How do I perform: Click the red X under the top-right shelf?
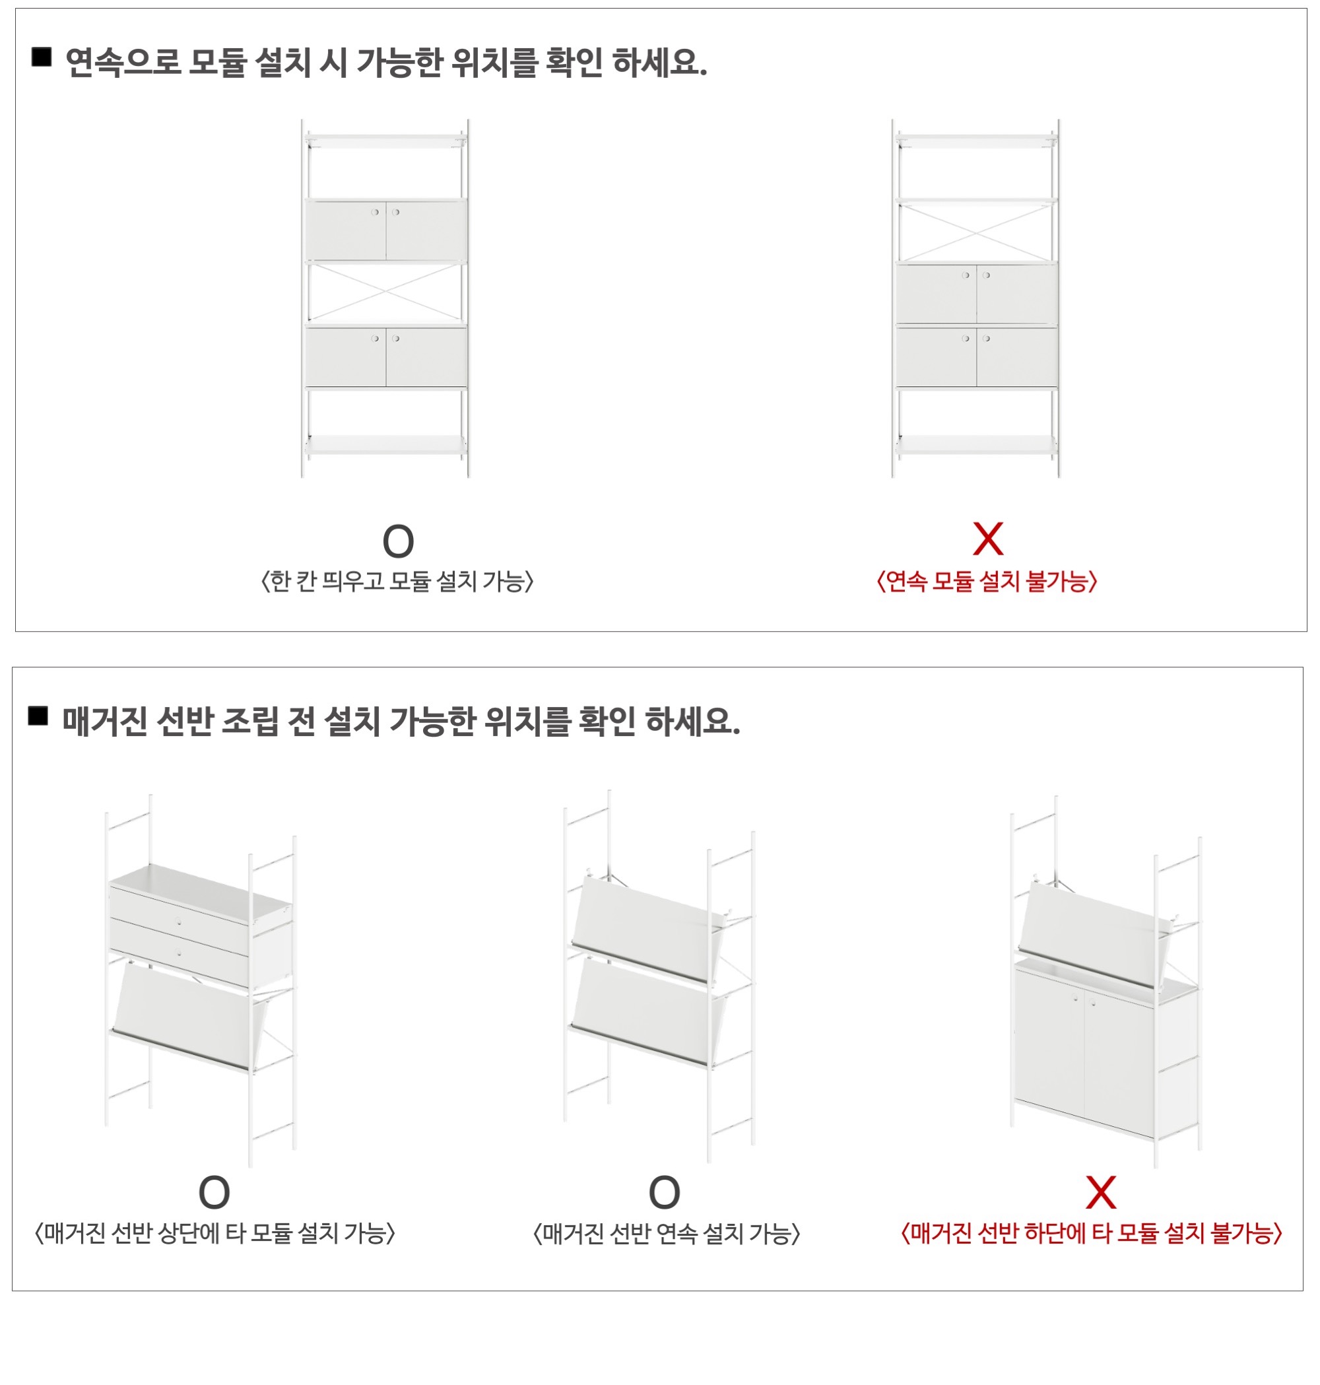tap(987, 539)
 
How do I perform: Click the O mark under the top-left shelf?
tap(397, 541)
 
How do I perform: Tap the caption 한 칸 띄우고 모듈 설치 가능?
tap(397, 582)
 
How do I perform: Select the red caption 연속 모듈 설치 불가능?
tap(987, 582)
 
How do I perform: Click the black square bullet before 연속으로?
tap(42, 57)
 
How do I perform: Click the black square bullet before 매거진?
tap(38, 716)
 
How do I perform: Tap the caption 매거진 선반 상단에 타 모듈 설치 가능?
tap(214, 1233)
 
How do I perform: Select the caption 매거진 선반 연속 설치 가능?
tap(667, 1233)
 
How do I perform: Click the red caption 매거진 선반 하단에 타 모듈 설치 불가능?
tap(1092, 1233)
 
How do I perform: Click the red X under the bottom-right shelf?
tap(1100, 1192)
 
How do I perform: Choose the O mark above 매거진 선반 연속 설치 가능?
tap(664, 1193)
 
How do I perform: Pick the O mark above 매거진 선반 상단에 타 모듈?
tap(214, 1193)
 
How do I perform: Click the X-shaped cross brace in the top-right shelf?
tap(976, 231)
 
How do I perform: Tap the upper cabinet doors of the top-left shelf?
tap(385, 230)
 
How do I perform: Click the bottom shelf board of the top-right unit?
tap(976, 444)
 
